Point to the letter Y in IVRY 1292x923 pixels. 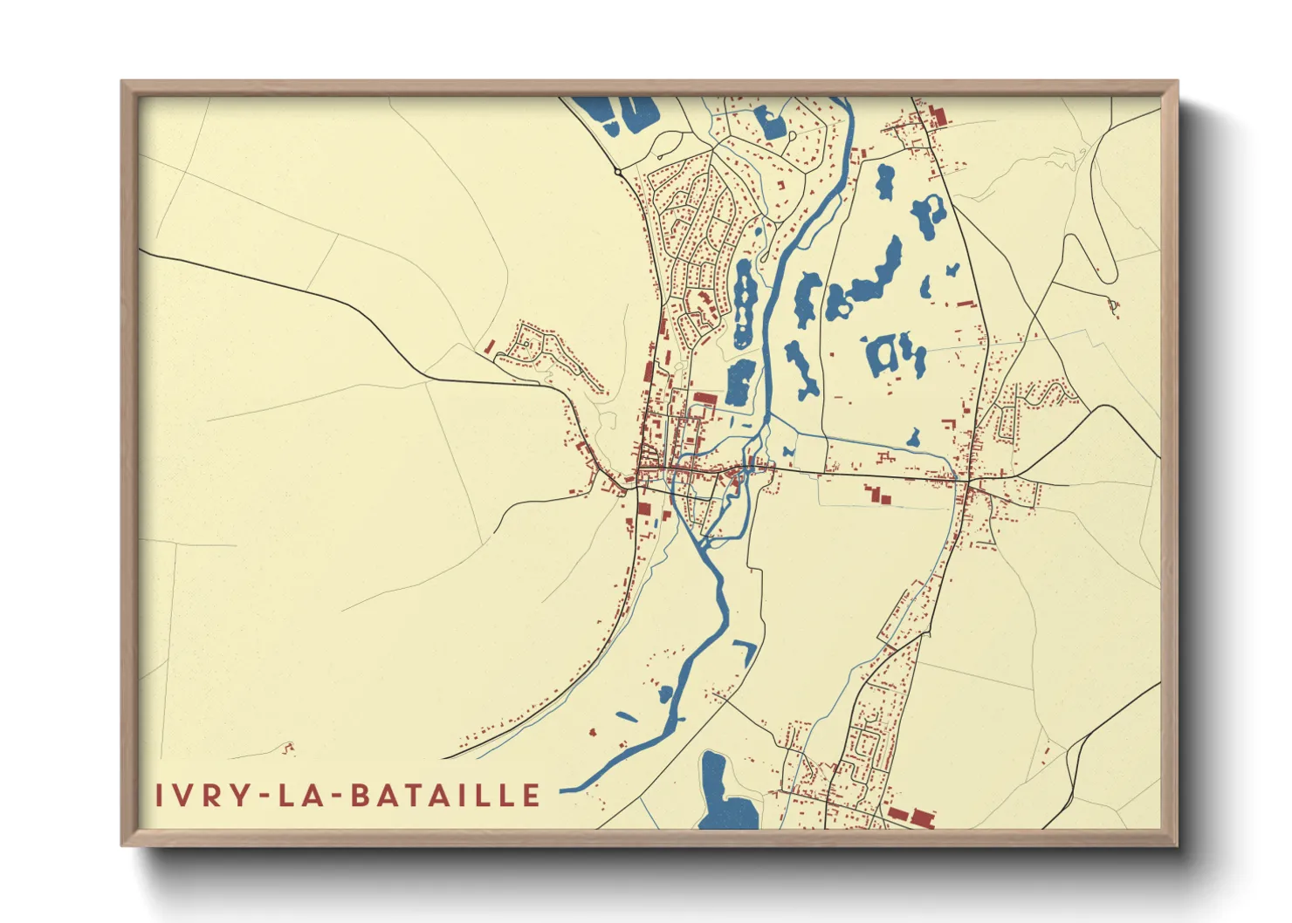(229, 796)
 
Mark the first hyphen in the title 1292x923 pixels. (256, 797)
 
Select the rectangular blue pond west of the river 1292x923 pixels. (739, 383)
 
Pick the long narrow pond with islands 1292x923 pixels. (744, 302)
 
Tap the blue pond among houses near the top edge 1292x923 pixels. (771, 121)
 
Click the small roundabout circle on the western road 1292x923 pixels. (618, 172)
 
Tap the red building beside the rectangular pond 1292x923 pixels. (704, 399)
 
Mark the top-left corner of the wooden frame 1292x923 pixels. (123, 83)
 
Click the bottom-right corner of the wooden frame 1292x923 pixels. (1176, 844)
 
